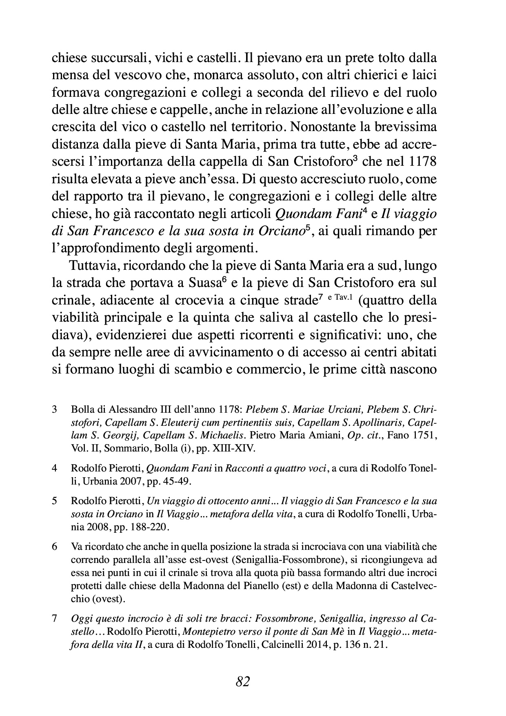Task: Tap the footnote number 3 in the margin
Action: click(54, 409)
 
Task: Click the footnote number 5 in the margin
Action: click(54, 500)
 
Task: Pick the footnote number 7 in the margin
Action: click(54, 618)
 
